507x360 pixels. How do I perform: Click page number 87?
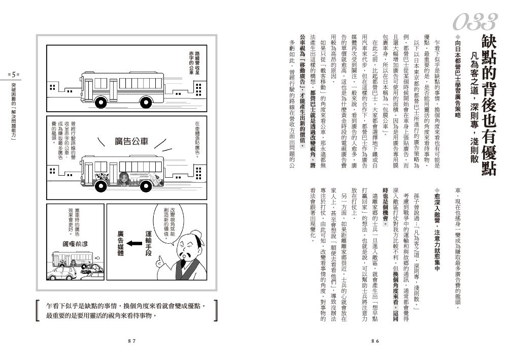[131, 342]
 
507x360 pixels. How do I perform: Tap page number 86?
[376, 342]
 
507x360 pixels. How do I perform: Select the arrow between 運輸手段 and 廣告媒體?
[133, 244]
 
